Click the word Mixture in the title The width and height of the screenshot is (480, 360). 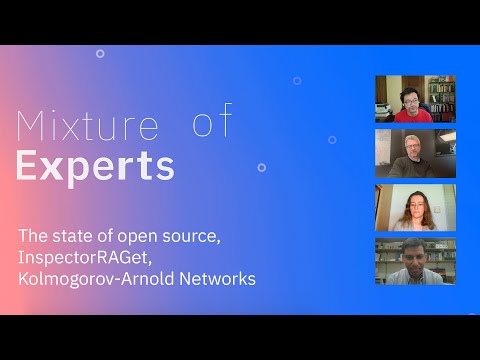coord(89,127)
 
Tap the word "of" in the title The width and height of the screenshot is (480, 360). coord(212,121)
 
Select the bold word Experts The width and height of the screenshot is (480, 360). coord(95,165)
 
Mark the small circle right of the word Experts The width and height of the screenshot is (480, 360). coord(261,167)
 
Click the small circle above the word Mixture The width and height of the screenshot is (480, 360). coord(100,53)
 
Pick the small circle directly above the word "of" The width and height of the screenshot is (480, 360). coord(297,80)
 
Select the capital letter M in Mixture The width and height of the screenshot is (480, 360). coord(32,127)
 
